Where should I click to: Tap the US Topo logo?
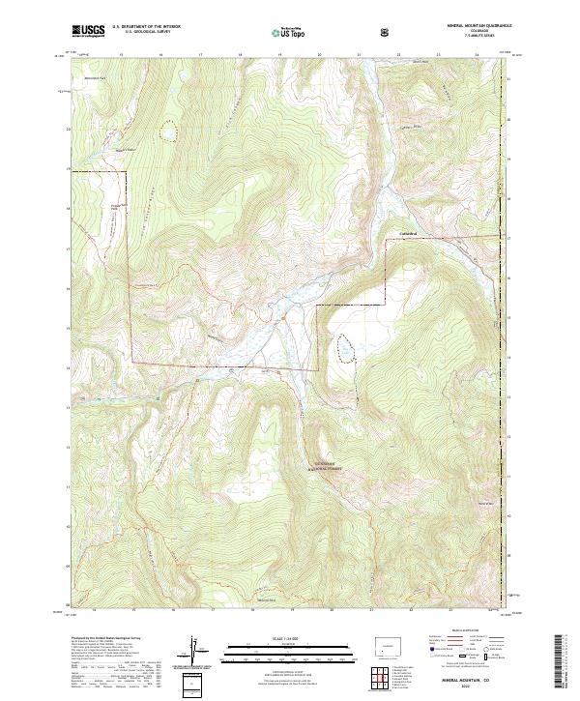289,33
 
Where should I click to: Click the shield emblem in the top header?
386,32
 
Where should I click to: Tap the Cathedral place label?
413,232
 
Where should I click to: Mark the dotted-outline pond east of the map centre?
344,347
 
